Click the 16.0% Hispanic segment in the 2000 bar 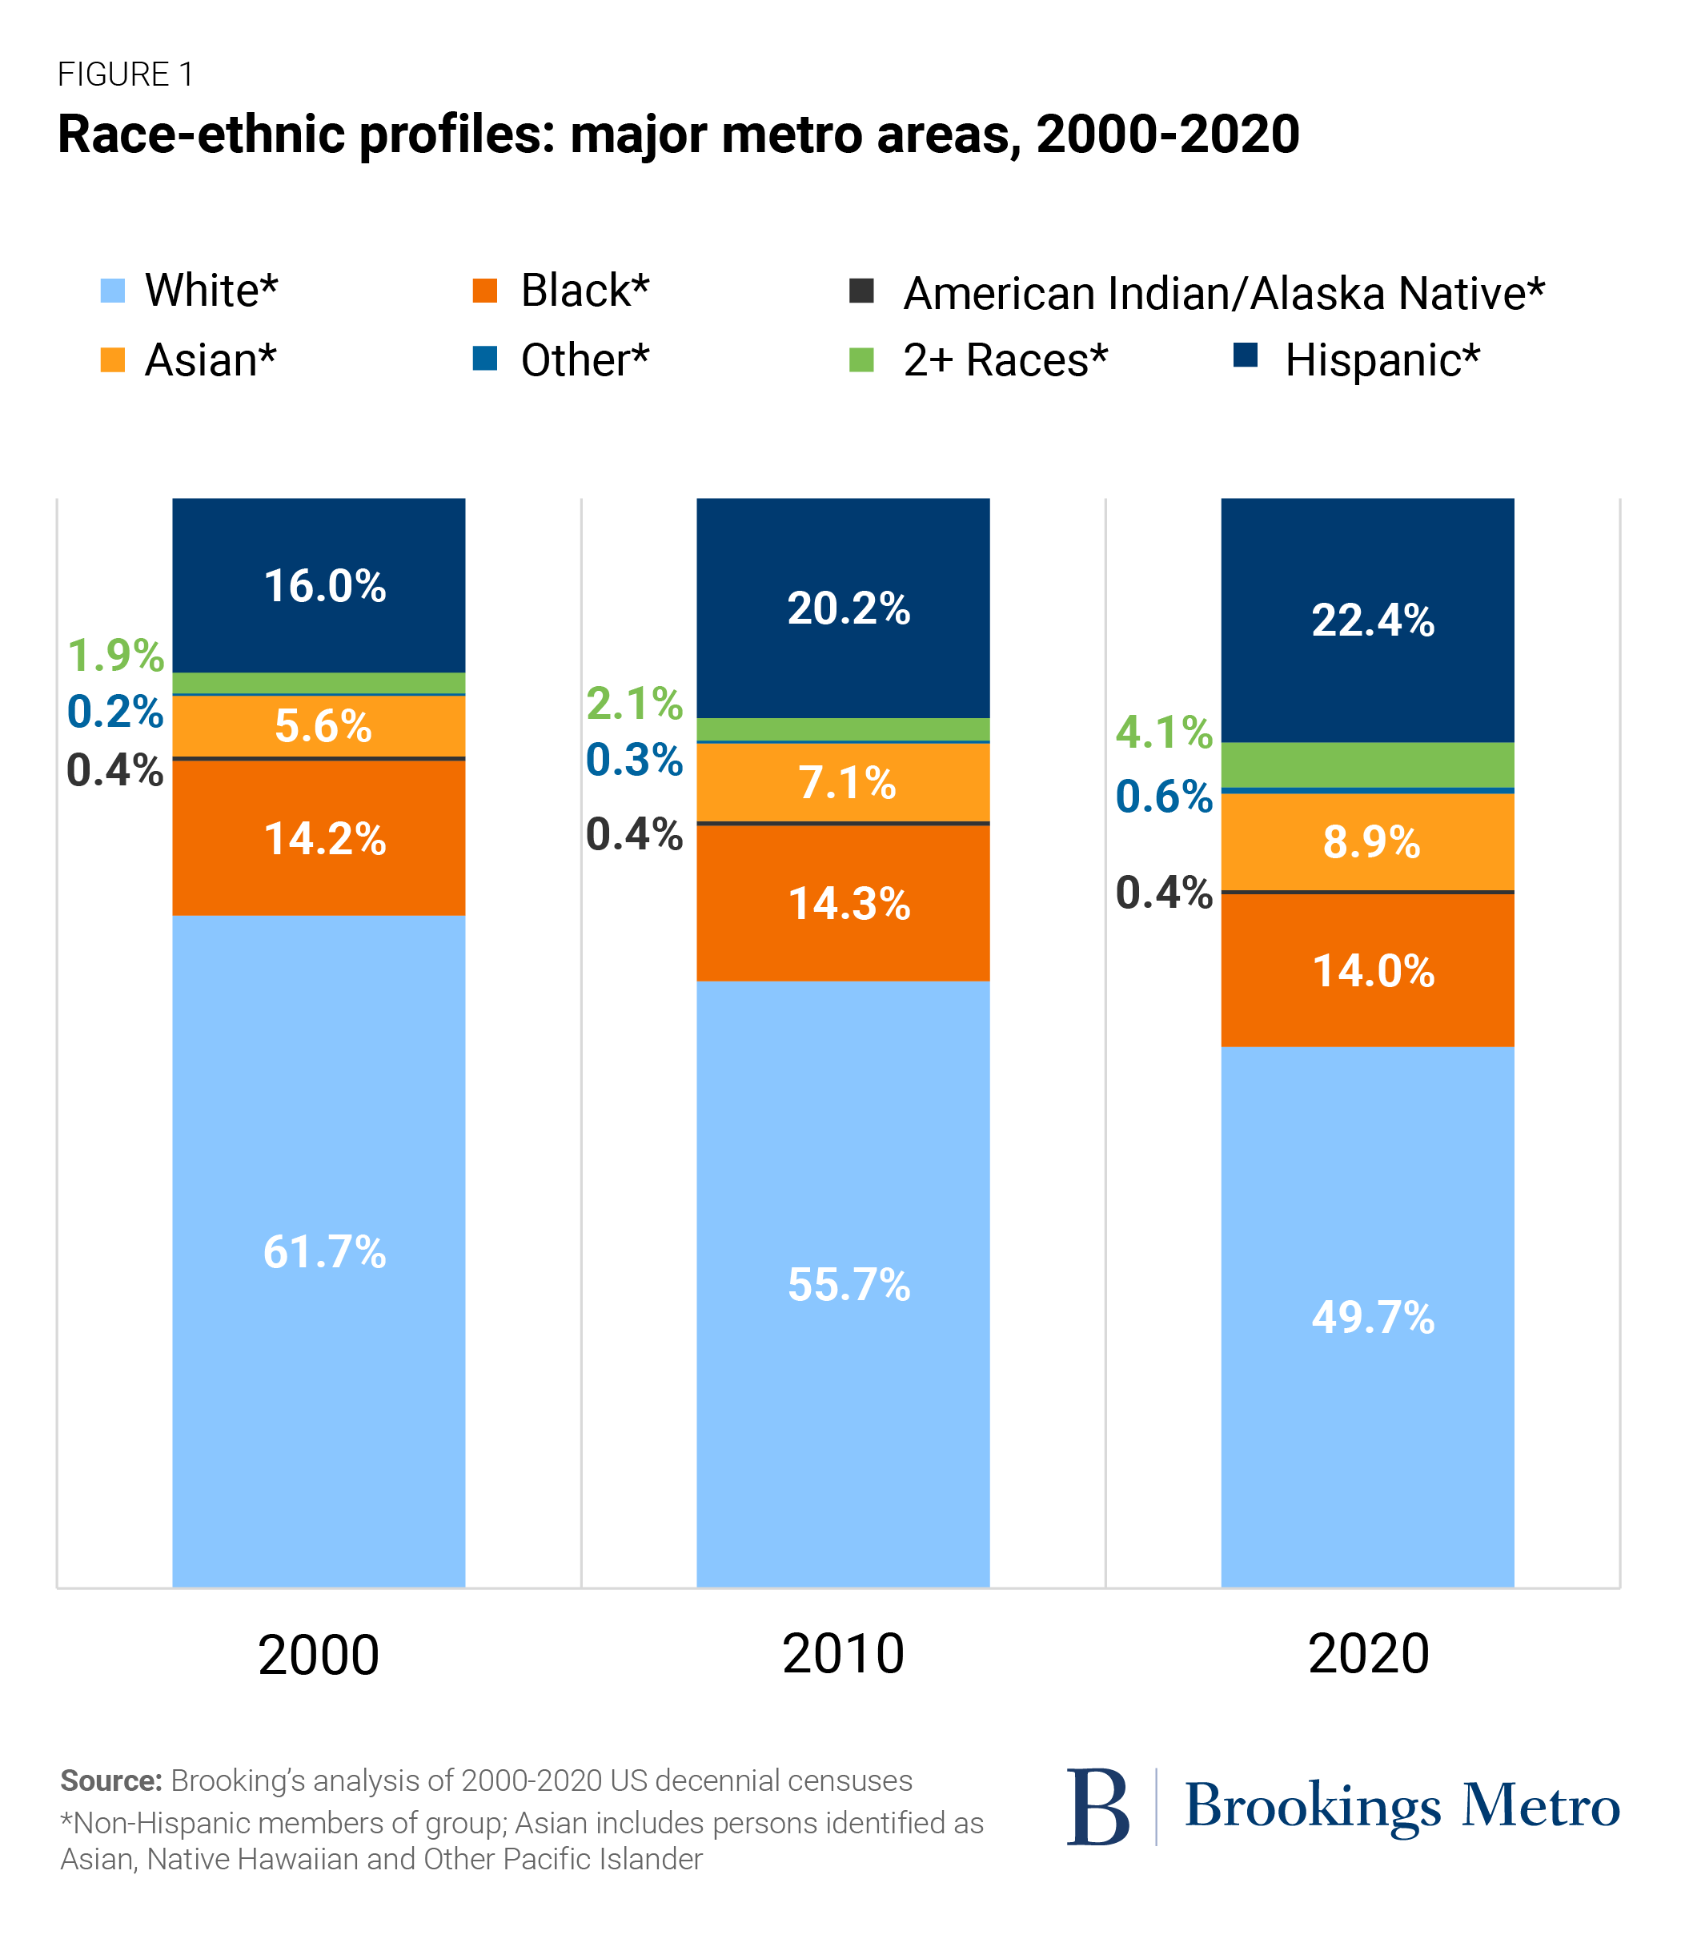pyautogui.click(x=319, y=585)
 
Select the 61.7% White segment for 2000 pyautogui.click(x=319, y=1250)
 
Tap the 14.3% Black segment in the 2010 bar pyautogui.click(x=844, y=903)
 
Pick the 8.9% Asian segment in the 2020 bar pyautogui.click(x=1367, y=841)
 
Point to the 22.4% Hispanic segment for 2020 pyautogui.click(x=1367, y=620)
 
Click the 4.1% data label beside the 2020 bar pyautogui.click(x=1163, y=732)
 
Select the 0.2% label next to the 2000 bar pyautogui.click(x=115, y=711)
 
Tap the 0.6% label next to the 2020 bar pyautogui.click(x=1163, y=796)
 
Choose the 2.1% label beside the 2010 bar pyautogui.click(x=633, y=702)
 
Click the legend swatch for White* pyautogui.click(x=113, y=291)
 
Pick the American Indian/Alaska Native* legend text pyautogui.click(x=1223, y=293)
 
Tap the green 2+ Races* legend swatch pyautogui.click(x=861, y=360)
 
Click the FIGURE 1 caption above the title pyautogui.click(x=126, y=74)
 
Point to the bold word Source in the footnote pyautogui.click(x=110, y=1780)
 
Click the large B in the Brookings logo pyautogui.click(x=1097, y=1807)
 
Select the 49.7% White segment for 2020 pyautogui.click(x=1367, y=1316)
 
